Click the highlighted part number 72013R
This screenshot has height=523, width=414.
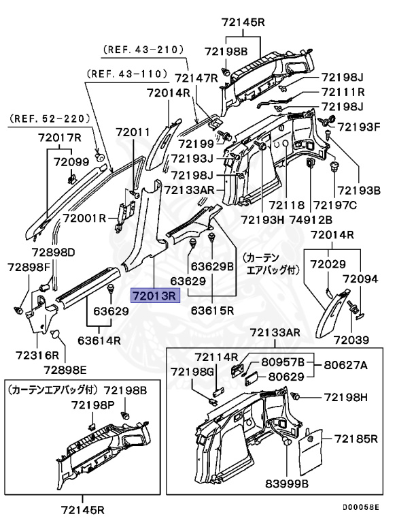point(154,296)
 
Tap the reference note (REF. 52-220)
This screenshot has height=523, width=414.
point(50,118)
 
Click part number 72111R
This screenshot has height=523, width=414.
point(343,92)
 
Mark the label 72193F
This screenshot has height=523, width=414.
point(360,126)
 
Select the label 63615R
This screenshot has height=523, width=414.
point(212,310)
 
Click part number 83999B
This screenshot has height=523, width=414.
point(286,483)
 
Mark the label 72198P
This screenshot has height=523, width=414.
point(94,405)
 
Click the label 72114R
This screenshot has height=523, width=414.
point(216,357)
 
